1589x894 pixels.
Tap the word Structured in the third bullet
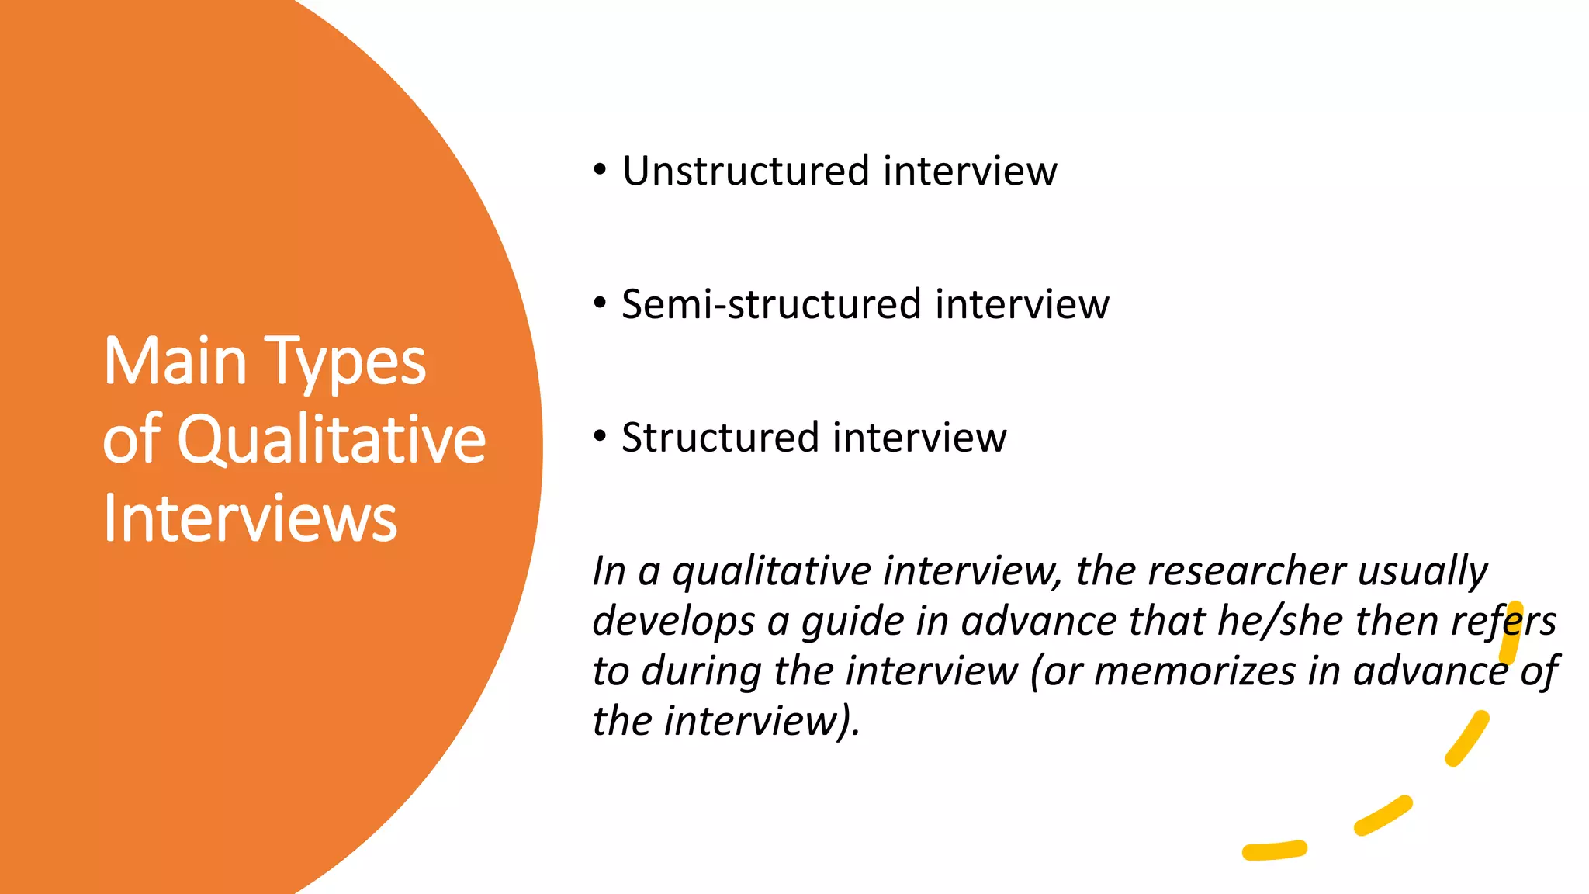pyautogui.click(x=720, y=438)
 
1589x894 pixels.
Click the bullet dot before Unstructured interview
pyautogui.click(x=600, y=170)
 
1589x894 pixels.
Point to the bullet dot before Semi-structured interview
pyautogui.click(x=600, y=303)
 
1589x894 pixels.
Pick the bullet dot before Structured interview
pyautogui.click(x=600, y=437)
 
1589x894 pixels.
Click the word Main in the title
pyautogui.click(x=175, y=362)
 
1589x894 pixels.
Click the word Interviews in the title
pyautogui.click(x=250, y=518)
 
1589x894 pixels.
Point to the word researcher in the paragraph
pyautogui.click(x=1246, y=571)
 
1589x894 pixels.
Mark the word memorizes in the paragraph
pyautogui.click(x=1195, y=671)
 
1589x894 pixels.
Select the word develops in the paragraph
pyautogui.click(x=673, y=622)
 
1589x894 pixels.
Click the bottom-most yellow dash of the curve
pyautogui.click(x=1274, y=851)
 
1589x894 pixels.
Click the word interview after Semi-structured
pyautogui.click(x=1022, y=304)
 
